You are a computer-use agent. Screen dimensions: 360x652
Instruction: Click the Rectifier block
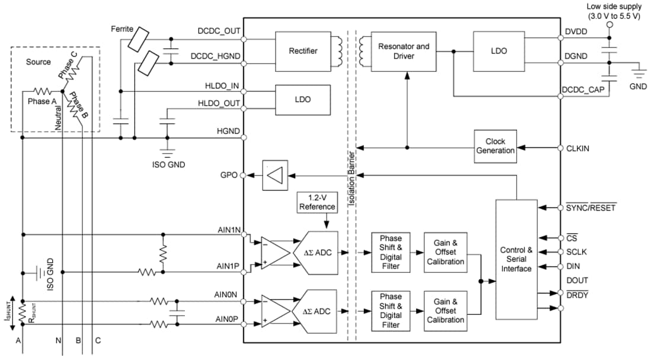pos(303,51)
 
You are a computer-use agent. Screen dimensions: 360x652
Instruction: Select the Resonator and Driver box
pos(404,51)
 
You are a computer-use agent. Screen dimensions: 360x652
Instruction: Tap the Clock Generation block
pos(496,146)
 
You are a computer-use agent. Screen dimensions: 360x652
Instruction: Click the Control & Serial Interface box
pos(516,259)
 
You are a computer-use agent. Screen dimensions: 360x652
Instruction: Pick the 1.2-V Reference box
pos(317,202)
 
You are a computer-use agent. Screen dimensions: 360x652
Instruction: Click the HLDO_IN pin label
pos(222,86)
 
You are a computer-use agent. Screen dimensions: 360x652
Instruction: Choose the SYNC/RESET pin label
pos(591,208)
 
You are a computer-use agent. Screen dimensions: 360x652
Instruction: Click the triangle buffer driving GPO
pos(274,176)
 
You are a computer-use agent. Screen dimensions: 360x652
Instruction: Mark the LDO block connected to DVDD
pos(499,51)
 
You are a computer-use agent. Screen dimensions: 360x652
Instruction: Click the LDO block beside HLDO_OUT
pos(303,99)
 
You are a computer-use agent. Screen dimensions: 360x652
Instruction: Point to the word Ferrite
pos(123,28)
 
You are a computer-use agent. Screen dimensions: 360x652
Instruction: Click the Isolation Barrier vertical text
pos(351,178)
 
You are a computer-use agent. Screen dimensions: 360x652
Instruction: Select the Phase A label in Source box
pos(43,101)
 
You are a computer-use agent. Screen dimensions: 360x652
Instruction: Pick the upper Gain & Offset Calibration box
pos(445,252)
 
